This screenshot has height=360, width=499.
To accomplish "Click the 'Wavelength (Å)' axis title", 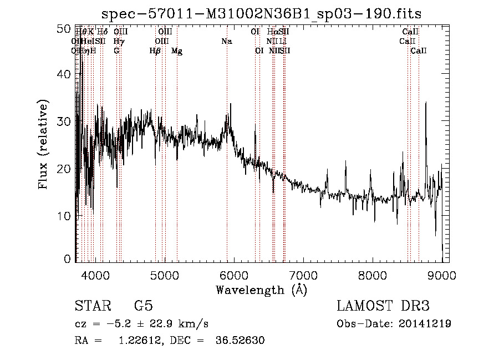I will (261, 290).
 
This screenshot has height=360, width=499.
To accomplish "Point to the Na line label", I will (226, 41).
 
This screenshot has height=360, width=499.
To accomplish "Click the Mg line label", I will (177, 51).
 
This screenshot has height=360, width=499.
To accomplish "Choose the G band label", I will (116, 50).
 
